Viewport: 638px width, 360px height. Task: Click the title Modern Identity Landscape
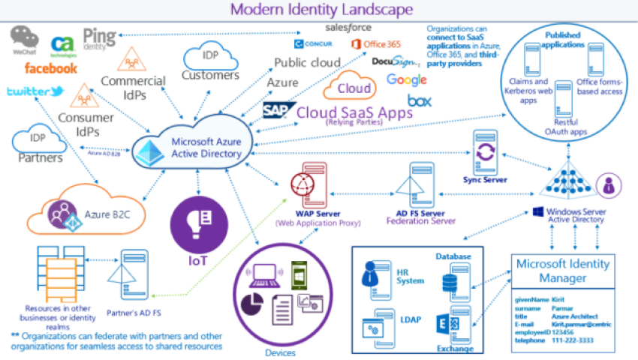tap(321, 10)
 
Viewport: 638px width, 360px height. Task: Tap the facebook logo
tap(50, 68)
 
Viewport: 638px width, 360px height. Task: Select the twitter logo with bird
tap(35, 91)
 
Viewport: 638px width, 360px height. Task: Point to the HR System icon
tap(372, 274)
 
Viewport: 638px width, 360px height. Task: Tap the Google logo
tap(406, 79)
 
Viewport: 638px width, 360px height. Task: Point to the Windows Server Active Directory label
tap(573, 216)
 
